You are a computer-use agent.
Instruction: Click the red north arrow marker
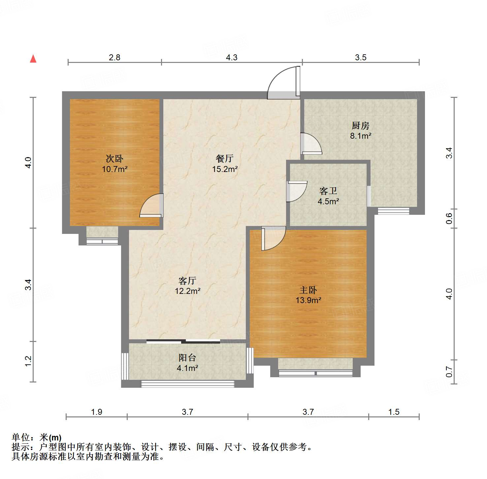point(33,59)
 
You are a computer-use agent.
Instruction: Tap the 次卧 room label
point(114,159)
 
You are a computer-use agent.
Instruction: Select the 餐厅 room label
point(225,159)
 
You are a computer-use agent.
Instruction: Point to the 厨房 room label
point(360,126)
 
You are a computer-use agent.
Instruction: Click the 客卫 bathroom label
point(328,191)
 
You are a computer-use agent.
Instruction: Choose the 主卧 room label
point(308,290)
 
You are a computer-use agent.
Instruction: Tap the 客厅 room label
point(187,281)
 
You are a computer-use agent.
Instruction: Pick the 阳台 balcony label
point(187,357)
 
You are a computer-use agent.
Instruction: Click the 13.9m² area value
point(308,300)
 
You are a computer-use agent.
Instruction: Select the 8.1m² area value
point(361,136)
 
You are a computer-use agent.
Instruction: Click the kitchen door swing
point(311,144)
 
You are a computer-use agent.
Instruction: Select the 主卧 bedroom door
point(273,238)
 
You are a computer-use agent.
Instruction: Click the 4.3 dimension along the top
point(232,58)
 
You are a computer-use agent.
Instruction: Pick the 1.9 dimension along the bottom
point(97,412)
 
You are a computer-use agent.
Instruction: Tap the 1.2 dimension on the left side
point(28,361)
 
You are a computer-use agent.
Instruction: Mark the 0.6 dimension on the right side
point(449,218)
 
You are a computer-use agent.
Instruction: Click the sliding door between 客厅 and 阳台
point(183,341)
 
